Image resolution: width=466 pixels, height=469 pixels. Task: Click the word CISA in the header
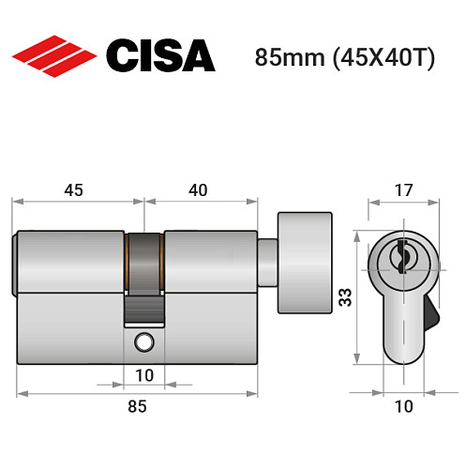click(159, 55)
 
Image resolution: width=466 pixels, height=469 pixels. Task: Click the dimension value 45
click(74, 189)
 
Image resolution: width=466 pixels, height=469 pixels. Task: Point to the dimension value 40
click(198, 189)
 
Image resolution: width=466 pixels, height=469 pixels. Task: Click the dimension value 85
click(137, 406)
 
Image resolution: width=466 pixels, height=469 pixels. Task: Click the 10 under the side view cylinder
click(144, 375)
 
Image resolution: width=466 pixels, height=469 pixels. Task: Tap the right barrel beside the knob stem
click(210, 258)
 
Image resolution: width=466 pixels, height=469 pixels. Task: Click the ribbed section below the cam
click(144, 308)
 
